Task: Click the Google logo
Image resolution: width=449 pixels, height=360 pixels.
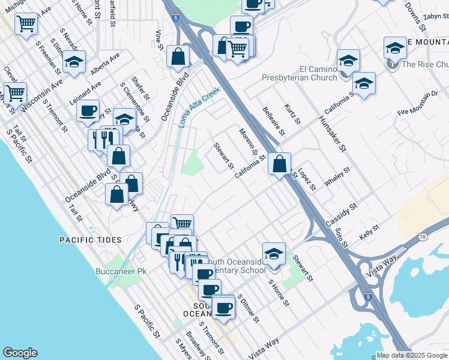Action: click(x=20, y=353)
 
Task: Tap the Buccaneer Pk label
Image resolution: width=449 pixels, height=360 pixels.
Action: click(x=121, y=271)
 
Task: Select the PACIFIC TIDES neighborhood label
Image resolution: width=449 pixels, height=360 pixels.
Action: click(x=90, y=240)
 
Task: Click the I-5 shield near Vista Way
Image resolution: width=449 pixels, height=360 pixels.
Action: click(x=367, y=296)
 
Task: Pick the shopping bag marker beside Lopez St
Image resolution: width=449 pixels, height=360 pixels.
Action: click(x=280, y=164)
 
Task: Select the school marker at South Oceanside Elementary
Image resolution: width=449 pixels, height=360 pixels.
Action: click(x=274, y=254)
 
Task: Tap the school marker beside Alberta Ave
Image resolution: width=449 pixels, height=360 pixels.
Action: click(x=74, y=62)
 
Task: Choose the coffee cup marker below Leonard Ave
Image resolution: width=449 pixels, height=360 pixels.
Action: click(x=88, y=111)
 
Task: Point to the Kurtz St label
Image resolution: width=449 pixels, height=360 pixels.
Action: click(x=292, y=113)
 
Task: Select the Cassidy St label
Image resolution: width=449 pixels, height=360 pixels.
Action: click(x=341, y=214)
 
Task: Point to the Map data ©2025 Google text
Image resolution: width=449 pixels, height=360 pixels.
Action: click(x=412, y=355)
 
